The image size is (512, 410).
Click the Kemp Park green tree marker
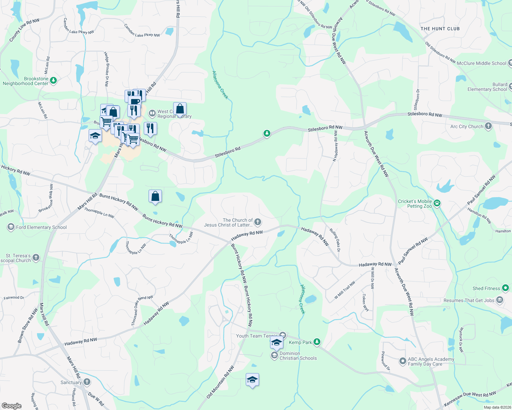[x=317, y=342]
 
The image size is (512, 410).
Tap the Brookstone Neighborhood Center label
[x=26, y=81]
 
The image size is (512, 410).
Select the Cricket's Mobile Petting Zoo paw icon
[x=437, y=204]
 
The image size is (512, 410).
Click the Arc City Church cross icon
[x=488, y=126]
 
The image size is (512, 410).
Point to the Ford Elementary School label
[x=41, y=227]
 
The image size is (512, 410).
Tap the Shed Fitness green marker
[x=505, y=288]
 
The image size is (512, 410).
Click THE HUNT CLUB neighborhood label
[x=440, y=29]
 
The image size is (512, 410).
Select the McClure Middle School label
[x=481, y=63]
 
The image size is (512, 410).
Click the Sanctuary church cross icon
[x=87, y=382]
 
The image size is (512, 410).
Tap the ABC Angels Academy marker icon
[x=403, y=361]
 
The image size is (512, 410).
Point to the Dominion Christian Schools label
[x=298, y=356]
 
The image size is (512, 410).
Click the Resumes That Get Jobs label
[x=469, y=300]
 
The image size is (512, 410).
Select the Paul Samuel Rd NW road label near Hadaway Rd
[x=413, y=251]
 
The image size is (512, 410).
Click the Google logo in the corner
[x=12, y=406]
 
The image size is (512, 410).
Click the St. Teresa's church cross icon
[x=36, y=258]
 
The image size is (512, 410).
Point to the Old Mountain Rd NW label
[x=220, y=382]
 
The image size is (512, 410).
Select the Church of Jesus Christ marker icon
[x=258, y=222]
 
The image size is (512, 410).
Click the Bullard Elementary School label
[x=487, y=87]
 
